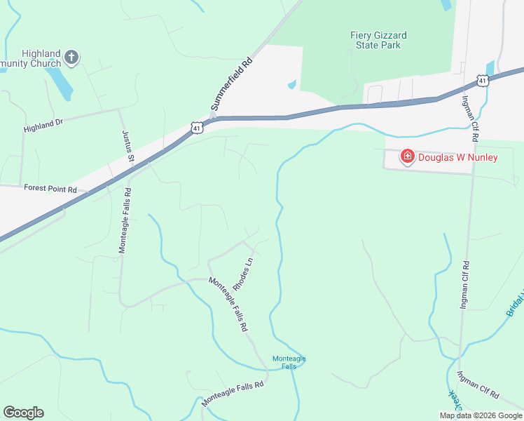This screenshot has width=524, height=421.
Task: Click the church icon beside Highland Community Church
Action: (x=71, y=57)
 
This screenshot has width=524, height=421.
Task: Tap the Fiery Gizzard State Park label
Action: (x=378, y=40)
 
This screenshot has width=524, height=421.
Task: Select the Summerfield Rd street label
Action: (x=230, y=83)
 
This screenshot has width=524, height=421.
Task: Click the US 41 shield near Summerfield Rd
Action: (x=197, y=128)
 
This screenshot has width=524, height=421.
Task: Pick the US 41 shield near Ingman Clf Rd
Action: (x=483, y=81)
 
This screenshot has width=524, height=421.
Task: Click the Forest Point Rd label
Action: (x=50, y=187)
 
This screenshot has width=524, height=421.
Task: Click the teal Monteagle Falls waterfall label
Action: (x=289, y=362)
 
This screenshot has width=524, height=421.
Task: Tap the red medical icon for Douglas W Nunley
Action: (x=406, y=156)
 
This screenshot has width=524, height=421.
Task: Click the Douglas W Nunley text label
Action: (x=457, y=157)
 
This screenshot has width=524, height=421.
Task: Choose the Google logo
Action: (x=23, y=413)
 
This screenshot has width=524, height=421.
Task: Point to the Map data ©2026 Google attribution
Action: (x=481, y=415)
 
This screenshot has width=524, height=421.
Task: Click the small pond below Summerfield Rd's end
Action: (x=291, y=85)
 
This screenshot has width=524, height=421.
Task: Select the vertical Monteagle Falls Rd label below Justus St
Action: (x=124, y=220)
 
